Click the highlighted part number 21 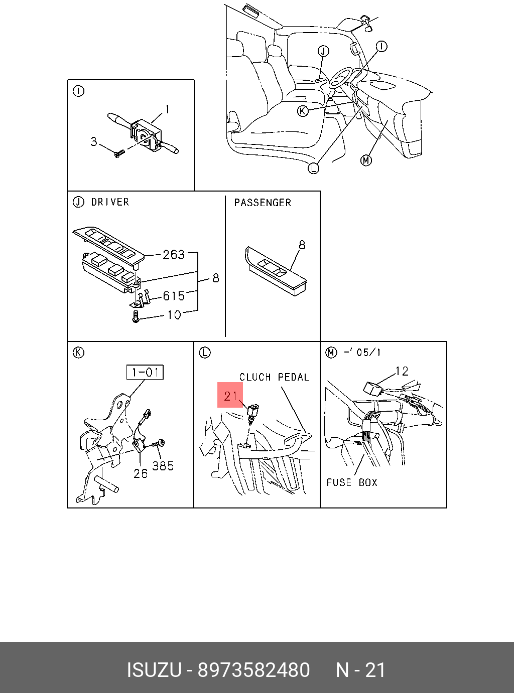(x=230, y=396)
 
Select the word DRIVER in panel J (x=110, y=202)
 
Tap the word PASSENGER (x=263, y=203)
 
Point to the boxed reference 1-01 (x=145, y=373)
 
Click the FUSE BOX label (x=352, y=482)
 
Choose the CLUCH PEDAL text (x=274, y=377)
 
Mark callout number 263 (x=173, y=255)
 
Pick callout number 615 (x=173, y=296)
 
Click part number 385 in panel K (x=163, y=466)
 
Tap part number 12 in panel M (x=402, y=371)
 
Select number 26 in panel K (x=141, y=473)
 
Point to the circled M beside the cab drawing (x=366, y=160)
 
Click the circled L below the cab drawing (x=313, y=168)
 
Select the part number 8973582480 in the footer (x=254, y=670)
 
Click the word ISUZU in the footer (x=154, y=670)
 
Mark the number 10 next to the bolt (x=174, y=315)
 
